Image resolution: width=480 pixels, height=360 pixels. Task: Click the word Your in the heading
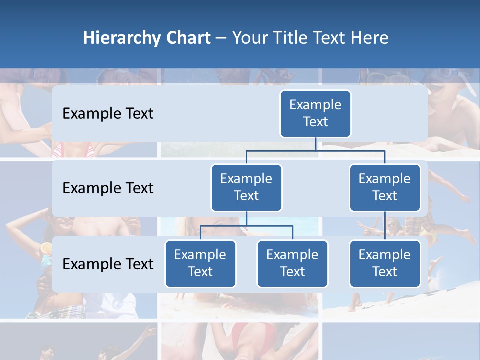point(251,38)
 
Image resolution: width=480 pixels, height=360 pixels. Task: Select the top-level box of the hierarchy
point(315,114)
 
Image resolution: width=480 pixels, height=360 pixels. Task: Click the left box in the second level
point(246,188)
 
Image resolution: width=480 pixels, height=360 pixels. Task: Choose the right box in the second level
point(385,188)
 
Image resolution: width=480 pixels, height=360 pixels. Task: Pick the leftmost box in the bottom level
point(200,264)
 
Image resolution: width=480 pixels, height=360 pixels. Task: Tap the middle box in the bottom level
point(292,264)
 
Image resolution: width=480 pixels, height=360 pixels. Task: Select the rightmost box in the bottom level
point(385,264)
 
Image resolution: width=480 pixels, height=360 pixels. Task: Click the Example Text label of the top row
point(108,114)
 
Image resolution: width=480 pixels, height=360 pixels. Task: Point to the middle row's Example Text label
point(108,188)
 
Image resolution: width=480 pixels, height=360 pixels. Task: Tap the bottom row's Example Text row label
point(108,264)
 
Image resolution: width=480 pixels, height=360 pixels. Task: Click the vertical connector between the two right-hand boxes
point(385,226)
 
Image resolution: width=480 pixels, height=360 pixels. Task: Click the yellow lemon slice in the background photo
point(46,248)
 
